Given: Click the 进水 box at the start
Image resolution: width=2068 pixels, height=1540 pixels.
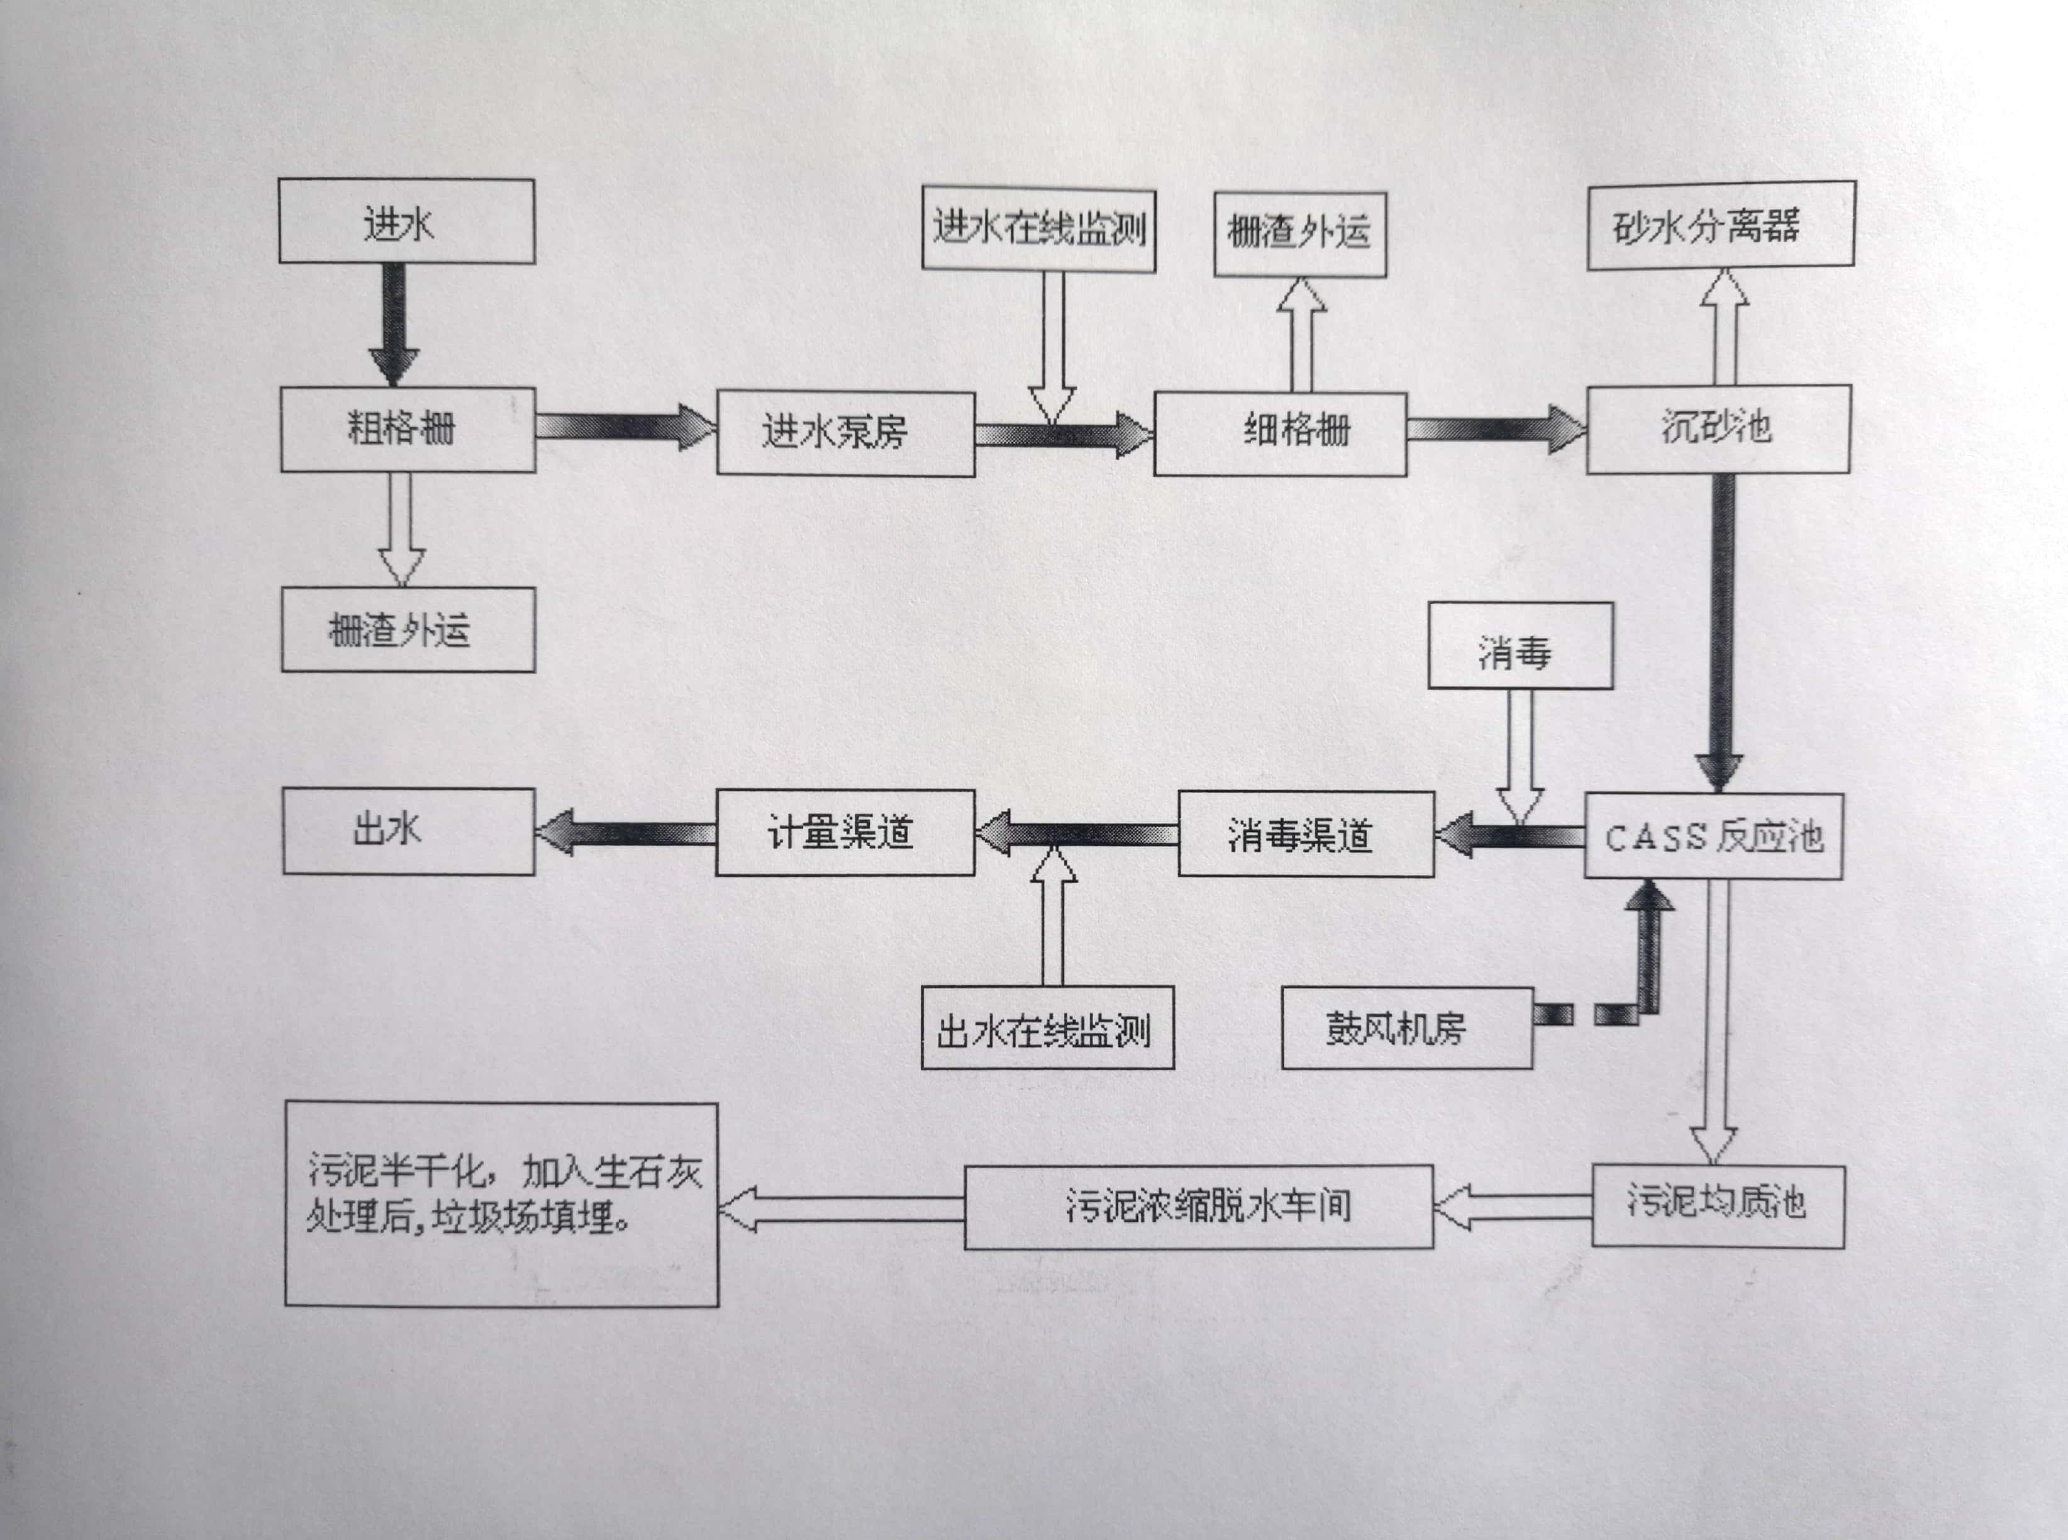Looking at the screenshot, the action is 406,222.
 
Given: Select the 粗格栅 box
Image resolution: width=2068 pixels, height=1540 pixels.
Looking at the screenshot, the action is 408,430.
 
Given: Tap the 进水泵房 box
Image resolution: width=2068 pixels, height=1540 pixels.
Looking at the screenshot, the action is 845,433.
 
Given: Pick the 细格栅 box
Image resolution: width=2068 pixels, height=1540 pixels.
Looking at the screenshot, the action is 1279,433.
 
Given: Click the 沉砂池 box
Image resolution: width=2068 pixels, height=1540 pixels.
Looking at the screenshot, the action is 1718,430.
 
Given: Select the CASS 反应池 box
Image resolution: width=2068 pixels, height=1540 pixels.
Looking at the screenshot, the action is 1713,836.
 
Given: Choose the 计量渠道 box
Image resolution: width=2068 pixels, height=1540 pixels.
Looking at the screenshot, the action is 844,832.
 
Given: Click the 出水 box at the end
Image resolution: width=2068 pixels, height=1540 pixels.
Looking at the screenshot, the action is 408,830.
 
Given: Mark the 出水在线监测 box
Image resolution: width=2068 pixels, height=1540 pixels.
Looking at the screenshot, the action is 1047,1028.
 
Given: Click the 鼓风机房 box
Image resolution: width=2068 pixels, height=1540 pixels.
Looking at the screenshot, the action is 1406,1028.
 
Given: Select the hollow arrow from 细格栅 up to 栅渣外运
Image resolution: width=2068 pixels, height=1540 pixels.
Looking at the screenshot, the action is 1301,335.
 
